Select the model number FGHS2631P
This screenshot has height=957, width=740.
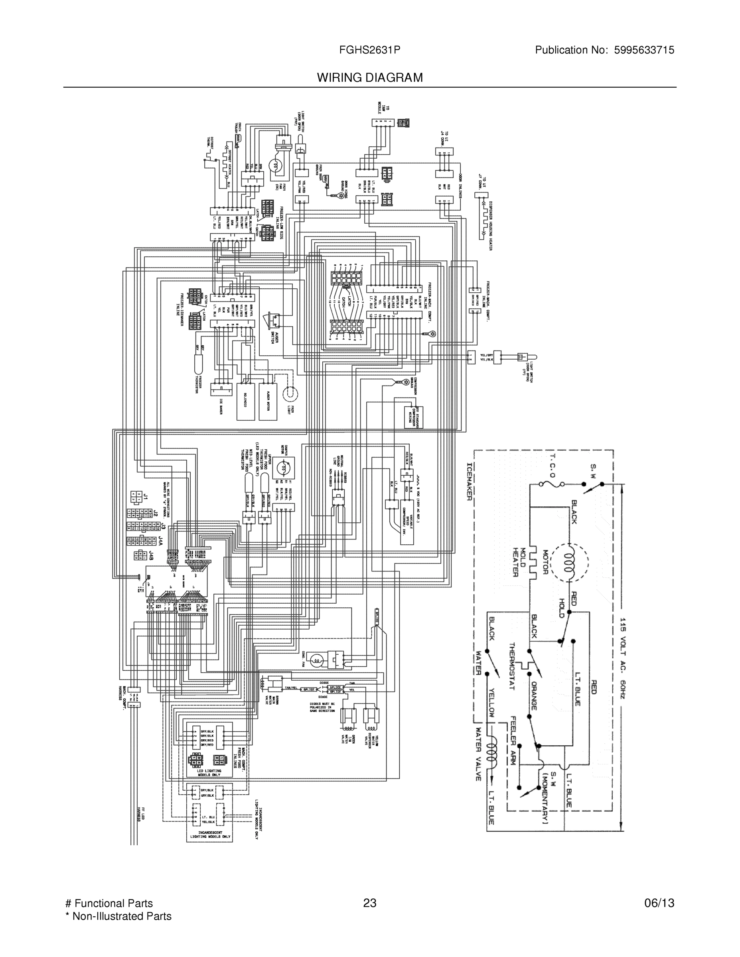[369, 50]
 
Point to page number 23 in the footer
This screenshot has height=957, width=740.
[369, 903]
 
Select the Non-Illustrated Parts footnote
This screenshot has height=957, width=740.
[118, 916]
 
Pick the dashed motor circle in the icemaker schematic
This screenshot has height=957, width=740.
[569, 562]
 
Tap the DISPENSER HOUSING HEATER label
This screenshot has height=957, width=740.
[490, 225]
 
